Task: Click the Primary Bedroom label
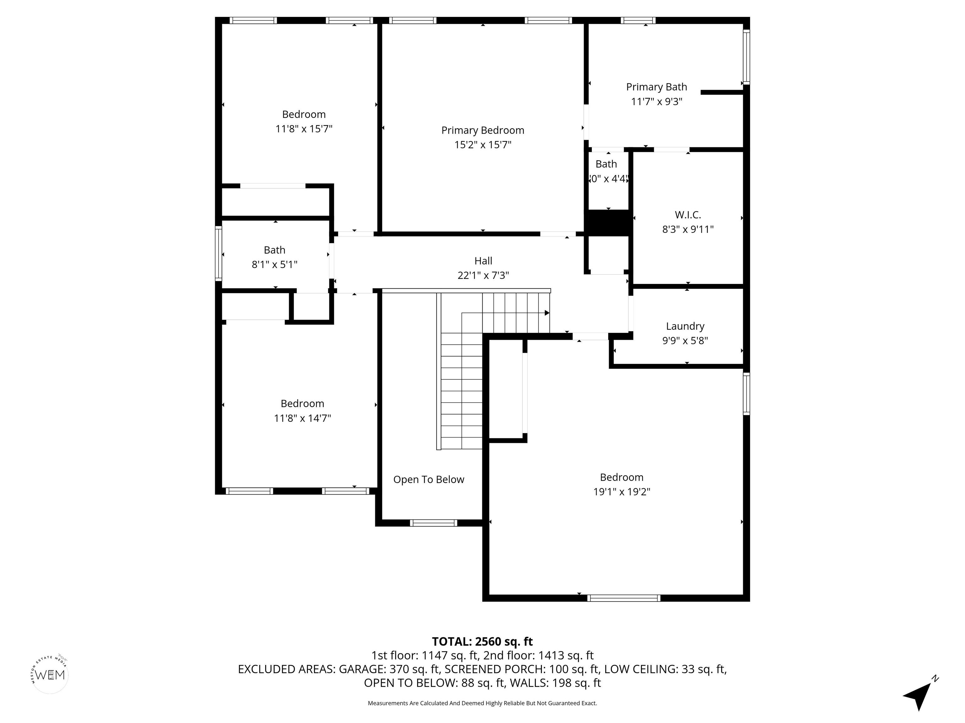tap(482, 130)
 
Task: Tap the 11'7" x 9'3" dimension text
tap(656, 102)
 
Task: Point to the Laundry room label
tap(685, 326)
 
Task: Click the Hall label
tap(483, 260)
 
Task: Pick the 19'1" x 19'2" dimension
tap(621, 492)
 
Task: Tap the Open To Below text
tap(428, 479)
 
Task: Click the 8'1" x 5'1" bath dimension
tap(275, 265)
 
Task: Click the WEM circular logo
tap(50, 675)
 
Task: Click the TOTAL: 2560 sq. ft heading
tap(482, 641)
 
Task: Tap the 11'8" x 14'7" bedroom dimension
tap(302, 418)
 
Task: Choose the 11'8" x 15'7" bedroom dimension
tap(304, 129)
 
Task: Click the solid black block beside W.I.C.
tap(608, 223)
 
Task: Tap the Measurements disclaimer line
tap(482, 703)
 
